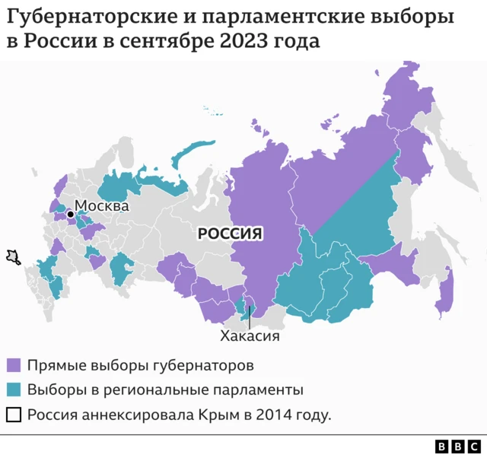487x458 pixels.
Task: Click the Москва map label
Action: click(x=102, y=205)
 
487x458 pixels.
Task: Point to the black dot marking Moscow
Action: click(x=70, y=215)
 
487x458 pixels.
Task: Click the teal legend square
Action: click(x=13, y=390)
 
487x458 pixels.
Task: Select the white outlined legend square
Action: click(x=13, y=415)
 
